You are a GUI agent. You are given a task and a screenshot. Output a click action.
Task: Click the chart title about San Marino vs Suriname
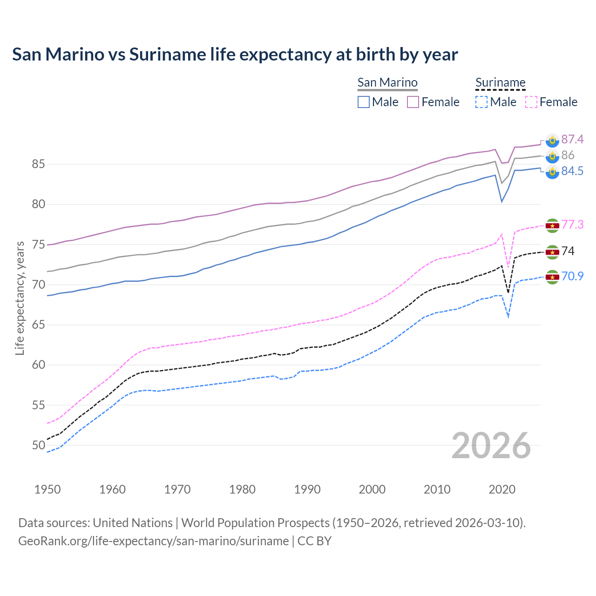[x=235, y=54]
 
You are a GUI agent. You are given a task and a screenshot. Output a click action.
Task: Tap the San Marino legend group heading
[x=387, y=82]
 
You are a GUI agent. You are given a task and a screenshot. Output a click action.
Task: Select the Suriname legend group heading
[x=500, y=82]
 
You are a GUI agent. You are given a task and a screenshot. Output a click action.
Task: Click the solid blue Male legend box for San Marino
[x=364, y=102]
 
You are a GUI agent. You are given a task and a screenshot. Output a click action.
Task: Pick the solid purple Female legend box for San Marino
[x=413, y=102]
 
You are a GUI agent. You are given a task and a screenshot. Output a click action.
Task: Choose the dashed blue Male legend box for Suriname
[x=481, y=102]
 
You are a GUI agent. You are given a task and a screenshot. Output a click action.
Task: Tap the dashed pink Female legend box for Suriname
[x=531, y=102]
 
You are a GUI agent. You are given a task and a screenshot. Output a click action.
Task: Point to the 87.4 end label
[x=572, y=139]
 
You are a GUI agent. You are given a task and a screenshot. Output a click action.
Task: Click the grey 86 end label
[x=568, y=155]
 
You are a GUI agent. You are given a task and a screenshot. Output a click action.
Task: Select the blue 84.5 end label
[x=572, y=171]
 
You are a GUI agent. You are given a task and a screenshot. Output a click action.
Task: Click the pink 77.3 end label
[x=572, y=224]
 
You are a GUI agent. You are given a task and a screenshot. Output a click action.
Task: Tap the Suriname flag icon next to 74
[x=552, y=252]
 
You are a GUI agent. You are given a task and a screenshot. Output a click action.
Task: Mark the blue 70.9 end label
[x=572, y=276]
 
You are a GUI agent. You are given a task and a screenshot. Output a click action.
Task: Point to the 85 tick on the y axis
[x=38, y=164]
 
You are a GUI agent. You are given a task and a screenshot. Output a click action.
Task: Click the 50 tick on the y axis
[x=38, y=445]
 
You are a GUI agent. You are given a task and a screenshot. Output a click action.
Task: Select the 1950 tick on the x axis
[x=47, y=489]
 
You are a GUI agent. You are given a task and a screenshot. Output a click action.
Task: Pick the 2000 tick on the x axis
[x=372, y=489]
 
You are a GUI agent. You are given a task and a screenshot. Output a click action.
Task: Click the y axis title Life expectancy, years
[x=20, y=298]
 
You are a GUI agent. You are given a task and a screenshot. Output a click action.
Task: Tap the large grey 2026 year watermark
[x=491, y=446]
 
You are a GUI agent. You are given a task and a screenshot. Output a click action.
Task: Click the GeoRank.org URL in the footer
[x=153, y=541]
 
